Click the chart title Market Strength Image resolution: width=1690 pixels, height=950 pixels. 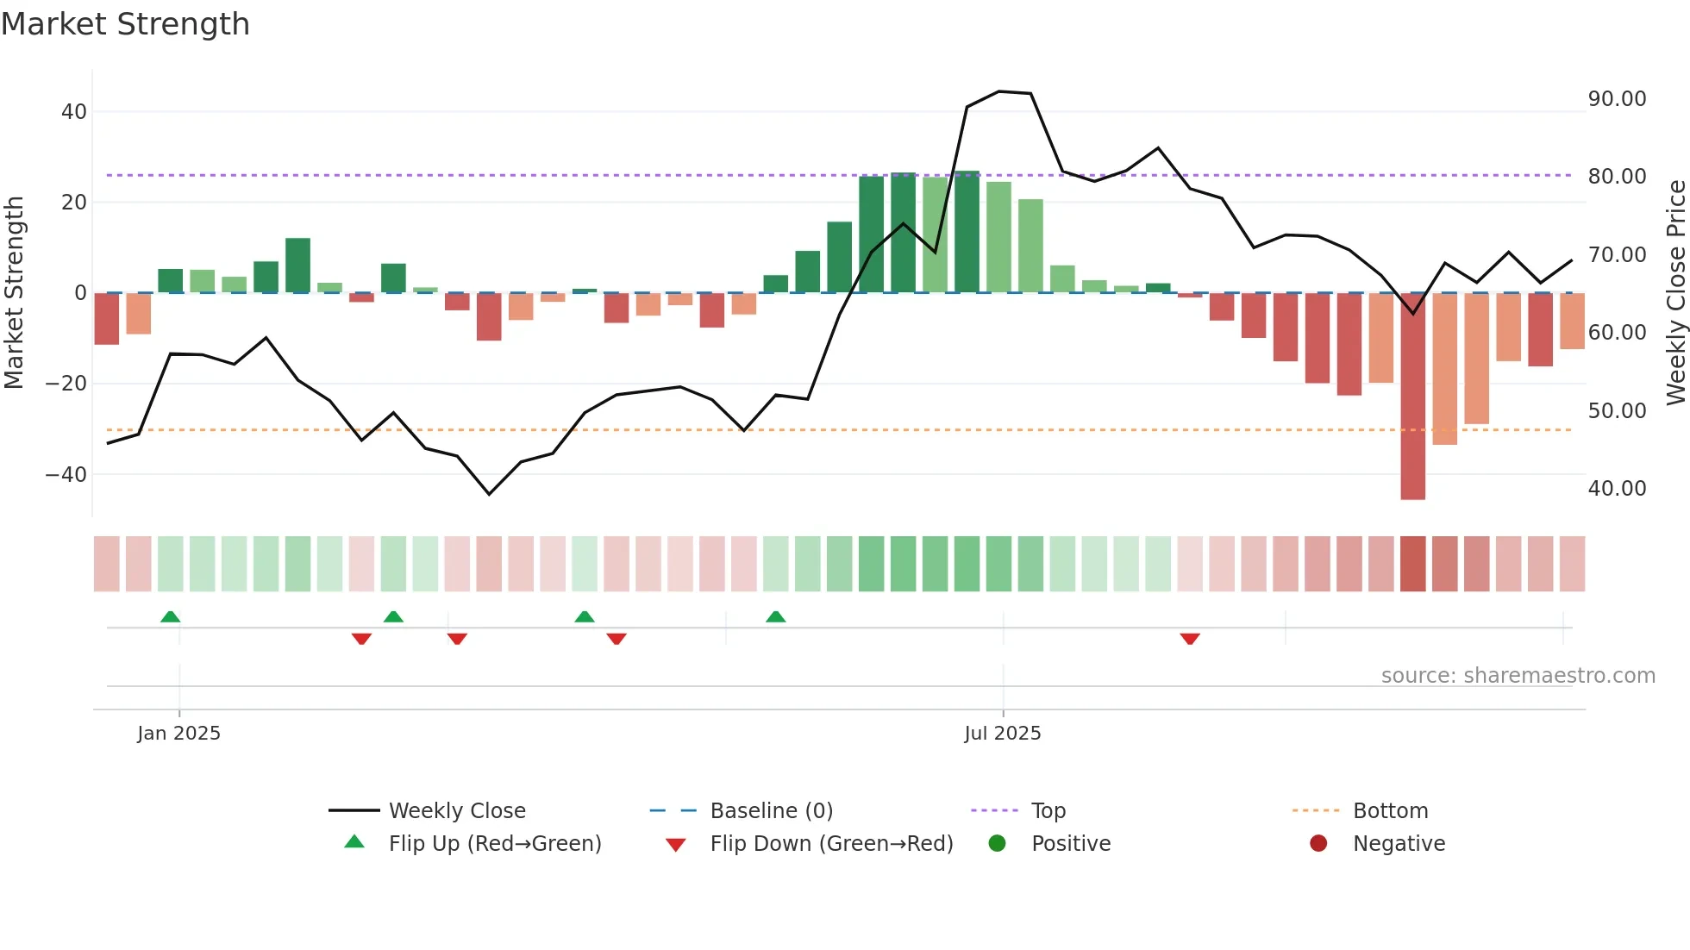click(x=125, y=24)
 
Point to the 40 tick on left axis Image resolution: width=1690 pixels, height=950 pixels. click(x=74, y=112)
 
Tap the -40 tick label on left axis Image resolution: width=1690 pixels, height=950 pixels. click(x=66, y=474)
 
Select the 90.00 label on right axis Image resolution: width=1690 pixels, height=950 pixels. click(x=1617, y=99)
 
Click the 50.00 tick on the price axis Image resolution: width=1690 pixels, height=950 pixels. click(x=1617, y=411)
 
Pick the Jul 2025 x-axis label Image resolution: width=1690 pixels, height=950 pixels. click(x=1002, y=734)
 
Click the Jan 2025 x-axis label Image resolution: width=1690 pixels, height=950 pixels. click(x=178, y=734)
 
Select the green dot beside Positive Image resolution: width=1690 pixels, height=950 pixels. click(x=998, y=844)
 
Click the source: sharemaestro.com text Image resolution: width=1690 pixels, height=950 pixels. click(x=1518, y=676)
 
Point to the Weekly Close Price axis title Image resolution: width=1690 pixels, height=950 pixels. click(x=1675, y=293)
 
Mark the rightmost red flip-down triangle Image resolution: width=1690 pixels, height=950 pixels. click(x=1190, y=639)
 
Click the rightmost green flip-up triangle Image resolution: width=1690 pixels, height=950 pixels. click(x=775, y=616)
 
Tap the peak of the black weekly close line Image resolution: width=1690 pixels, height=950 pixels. click(x=998, y=91)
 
